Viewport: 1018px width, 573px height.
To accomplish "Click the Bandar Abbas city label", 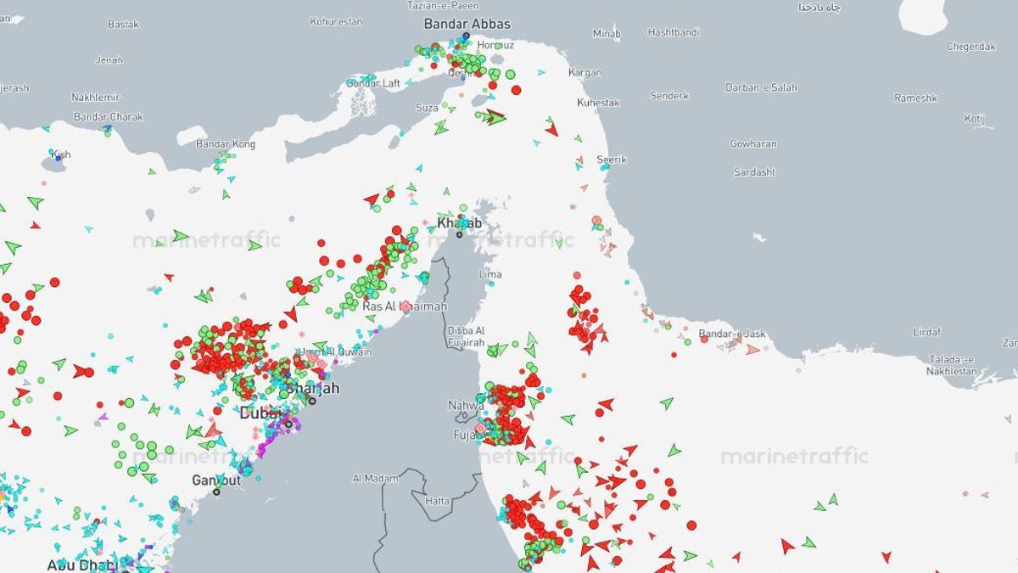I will point(467,24).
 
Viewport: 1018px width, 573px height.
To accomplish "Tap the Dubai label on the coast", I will point(259,413).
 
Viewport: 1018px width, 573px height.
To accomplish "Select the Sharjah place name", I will point(314,388).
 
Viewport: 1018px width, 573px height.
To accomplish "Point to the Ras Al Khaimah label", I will point(405,306).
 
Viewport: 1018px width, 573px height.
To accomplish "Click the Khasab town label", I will point(459,223).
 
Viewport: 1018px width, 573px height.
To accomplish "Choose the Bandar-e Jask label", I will point(731,334).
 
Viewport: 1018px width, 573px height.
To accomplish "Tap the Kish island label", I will point(61,154).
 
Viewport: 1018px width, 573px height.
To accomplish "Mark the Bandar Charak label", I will point(108,116).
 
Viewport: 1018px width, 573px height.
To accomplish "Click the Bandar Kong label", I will point(226,143).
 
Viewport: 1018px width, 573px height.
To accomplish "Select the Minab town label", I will point(607,34).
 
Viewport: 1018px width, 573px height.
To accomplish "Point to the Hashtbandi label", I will point(674,32).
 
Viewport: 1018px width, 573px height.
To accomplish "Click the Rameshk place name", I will point(915,98).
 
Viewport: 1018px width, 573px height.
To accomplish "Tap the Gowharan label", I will point(753,143).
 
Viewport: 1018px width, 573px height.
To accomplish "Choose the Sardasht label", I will point(754,171).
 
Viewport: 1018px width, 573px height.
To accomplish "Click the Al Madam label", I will point(375,479).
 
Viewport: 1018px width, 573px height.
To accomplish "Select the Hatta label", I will point(438,501).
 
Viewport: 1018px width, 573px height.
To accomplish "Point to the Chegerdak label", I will point(970,47).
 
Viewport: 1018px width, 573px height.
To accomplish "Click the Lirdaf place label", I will point(926,331).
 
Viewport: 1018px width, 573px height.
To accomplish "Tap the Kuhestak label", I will point(598,103).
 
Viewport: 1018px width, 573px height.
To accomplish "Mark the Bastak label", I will point(123,24).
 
